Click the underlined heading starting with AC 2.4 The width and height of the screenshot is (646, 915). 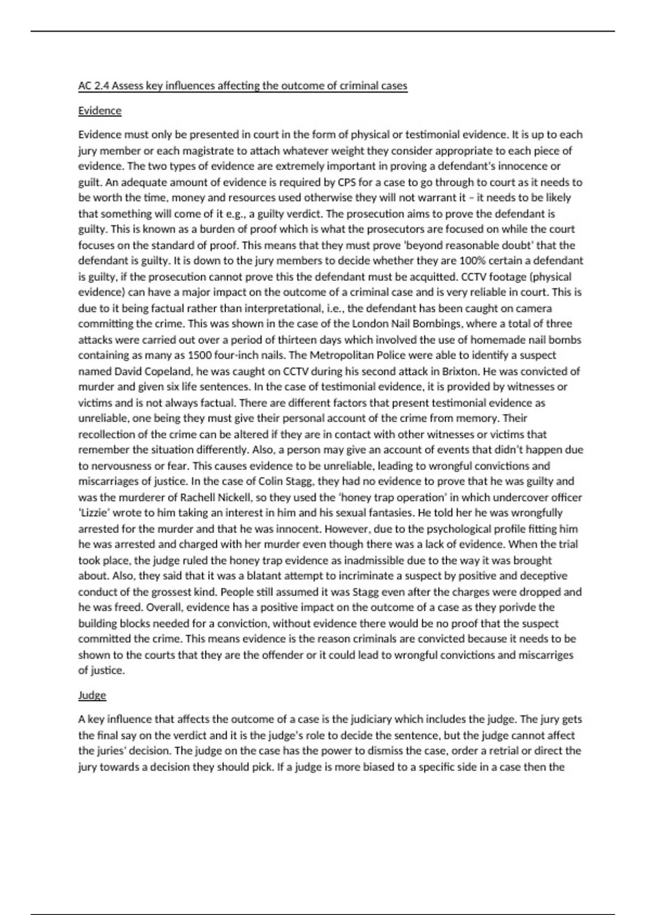(x=242, y=86)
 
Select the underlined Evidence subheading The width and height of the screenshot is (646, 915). (x=100, y=110)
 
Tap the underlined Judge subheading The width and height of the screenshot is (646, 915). (x=92, y=695)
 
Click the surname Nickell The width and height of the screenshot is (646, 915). (x=235, y=497)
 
